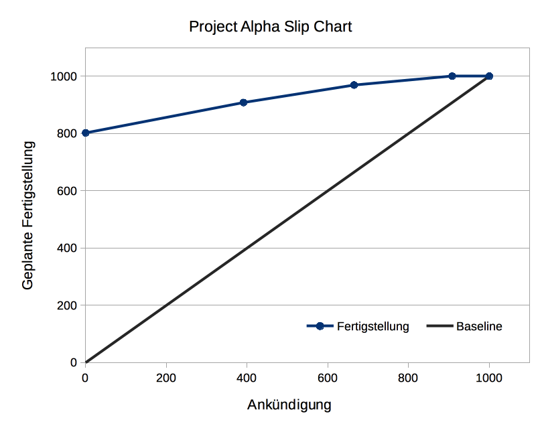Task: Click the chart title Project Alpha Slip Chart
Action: pyautogui.click(x=270, y=27)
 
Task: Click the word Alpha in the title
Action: pyautogui.click(x=253, y=27)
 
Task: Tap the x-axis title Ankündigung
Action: pyautogui.click(x=289, y=405)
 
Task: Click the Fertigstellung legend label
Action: pyautogui.click(x=373, y=327)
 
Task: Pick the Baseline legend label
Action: pyautogui.click(x=479, y=327)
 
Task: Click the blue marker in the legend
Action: pyautogui.click(x=320, y=326)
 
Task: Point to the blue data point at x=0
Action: pyautogui.click(x=85, y=133)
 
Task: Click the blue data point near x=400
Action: pyautogui.click(x=243, y=102)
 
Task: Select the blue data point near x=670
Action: pyautogui.click(x=354, y=85)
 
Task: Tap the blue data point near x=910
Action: pyautogui.click(x=452, y=76)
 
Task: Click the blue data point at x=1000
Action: pyautogui.click(x=489, y=76)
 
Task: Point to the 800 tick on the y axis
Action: pyautogui.click(x=67, y=133)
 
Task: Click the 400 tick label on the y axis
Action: pyautogui.click(x=67, y=248)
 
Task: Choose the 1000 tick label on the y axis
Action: pyautogui.click(x=64, y=76)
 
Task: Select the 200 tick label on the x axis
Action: pyautogui.click(x=165, y=377)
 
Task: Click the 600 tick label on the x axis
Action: pyautogui.click(x=327, y=377)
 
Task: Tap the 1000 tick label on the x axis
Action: pyautogui.click(x=488, y=377)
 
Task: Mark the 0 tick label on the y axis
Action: pyautogui.click(x=73, y=362)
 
